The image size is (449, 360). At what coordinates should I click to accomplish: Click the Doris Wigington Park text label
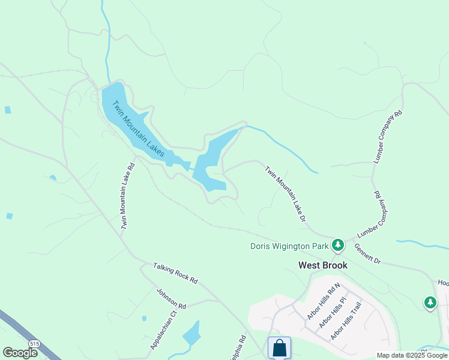pyautogui.click(x=290, y=246)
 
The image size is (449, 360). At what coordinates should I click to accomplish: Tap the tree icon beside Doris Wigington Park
pyautogui.click(x=338, y=245)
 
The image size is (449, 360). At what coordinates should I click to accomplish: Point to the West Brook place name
pyautogui.click(x=323, y=265)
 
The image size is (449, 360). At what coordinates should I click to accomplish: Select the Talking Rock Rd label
pyautogui.click(x=175, y=273)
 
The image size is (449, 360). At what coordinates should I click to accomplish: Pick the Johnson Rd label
pyautogui.click(x=171, y=298)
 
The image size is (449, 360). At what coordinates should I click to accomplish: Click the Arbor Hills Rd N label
pyautogui.click(x=323, y=301)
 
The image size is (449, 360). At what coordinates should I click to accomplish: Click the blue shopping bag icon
pyautogui.click(x=279, y=347)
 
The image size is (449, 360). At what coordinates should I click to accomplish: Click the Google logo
pyautogui.click(x=20, y=353)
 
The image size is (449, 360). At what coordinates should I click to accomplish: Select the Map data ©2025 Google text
pyautogui.click(x=412, y=355)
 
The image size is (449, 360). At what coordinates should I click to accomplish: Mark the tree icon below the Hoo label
pyautogui.click(x=430, y=303)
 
